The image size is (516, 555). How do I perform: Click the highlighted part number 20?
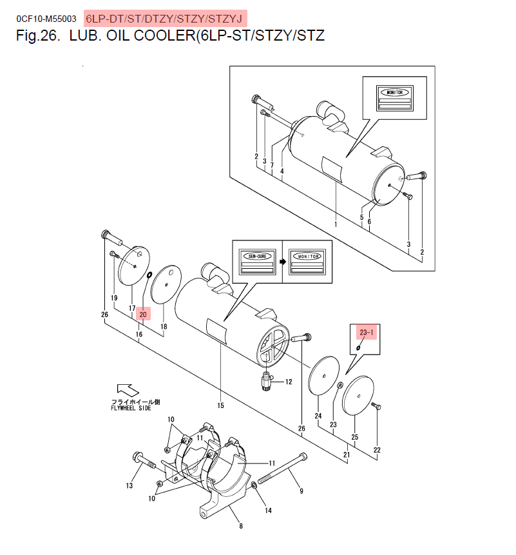coord(144,315)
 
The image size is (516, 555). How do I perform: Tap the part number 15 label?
coord(220,405)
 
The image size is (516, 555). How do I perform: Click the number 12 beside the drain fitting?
coord(288,382)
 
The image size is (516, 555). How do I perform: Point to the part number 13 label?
coord(129,485)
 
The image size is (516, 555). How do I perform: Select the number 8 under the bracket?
coord(240,526)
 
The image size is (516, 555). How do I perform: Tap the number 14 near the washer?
coord(268,511)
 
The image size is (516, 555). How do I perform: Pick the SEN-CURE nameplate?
coord(256,263)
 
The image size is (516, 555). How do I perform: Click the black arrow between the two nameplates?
coord(282,263)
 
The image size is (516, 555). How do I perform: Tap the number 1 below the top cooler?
coord(336,224)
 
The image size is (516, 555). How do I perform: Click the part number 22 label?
coord(377,449)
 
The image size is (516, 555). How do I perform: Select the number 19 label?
coord(114,298)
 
